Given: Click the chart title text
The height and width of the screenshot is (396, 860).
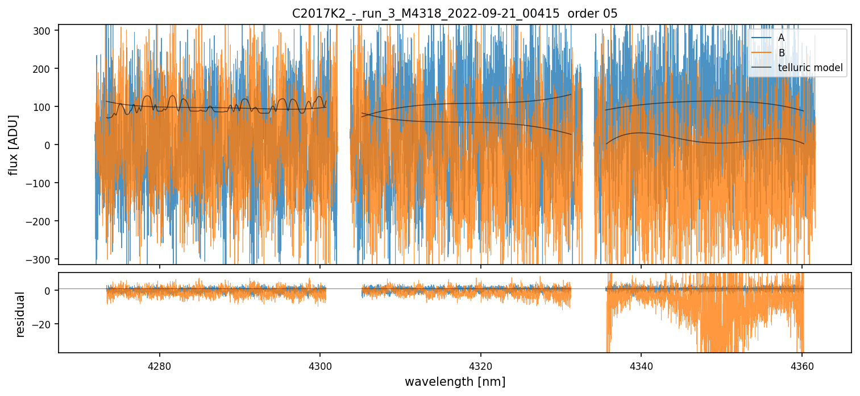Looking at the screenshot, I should (x=455, y=14).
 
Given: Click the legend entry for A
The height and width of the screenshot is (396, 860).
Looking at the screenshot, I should (x=781, y=38).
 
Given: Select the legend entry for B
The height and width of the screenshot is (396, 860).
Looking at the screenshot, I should (x=781, y=53).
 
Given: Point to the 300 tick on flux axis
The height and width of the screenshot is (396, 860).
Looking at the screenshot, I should (x=45, y=30).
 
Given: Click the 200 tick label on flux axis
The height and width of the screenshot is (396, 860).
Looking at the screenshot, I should (x=45, y=68).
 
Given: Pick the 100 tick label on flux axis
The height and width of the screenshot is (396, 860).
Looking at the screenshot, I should (x=45, y=106).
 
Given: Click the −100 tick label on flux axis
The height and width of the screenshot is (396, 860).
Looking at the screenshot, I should (x=43, y=183).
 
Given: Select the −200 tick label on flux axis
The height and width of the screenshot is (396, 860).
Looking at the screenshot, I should (x=43, y=221).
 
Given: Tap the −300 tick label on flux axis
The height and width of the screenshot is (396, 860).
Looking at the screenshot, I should (x=43, y=259).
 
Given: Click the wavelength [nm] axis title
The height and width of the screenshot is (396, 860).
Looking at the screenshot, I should (x=455, y=381).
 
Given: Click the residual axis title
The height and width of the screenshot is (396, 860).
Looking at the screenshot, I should (x=20, y=314).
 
